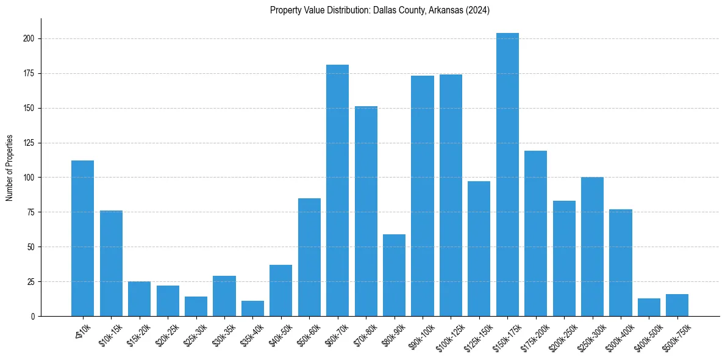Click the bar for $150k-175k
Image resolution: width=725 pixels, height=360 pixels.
tap(507, 175)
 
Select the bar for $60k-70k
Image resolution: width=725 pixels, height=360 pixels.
tap(337, 190)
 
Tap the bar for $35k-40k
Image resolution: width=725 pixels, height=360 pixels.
tap(252, 308)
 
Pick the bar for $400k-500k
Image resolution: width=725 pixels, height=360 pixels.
tap(649, 307)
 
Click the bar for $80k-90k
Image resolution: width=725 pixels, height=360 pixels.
tap(394, 275)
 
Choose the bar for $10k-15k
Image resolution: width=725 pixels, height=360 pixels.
tap(111, 263)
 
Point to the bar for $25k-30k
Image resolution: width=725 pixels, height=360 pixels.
tap(196, 306)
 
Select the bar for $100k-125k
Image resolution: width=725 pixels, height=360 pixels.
tap(451, 195)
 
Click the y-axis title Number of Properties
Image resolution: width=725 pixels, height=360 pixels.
tap(9, 168)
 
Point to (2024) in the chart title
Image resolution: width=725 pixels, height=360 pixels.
tap(477, 10)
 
